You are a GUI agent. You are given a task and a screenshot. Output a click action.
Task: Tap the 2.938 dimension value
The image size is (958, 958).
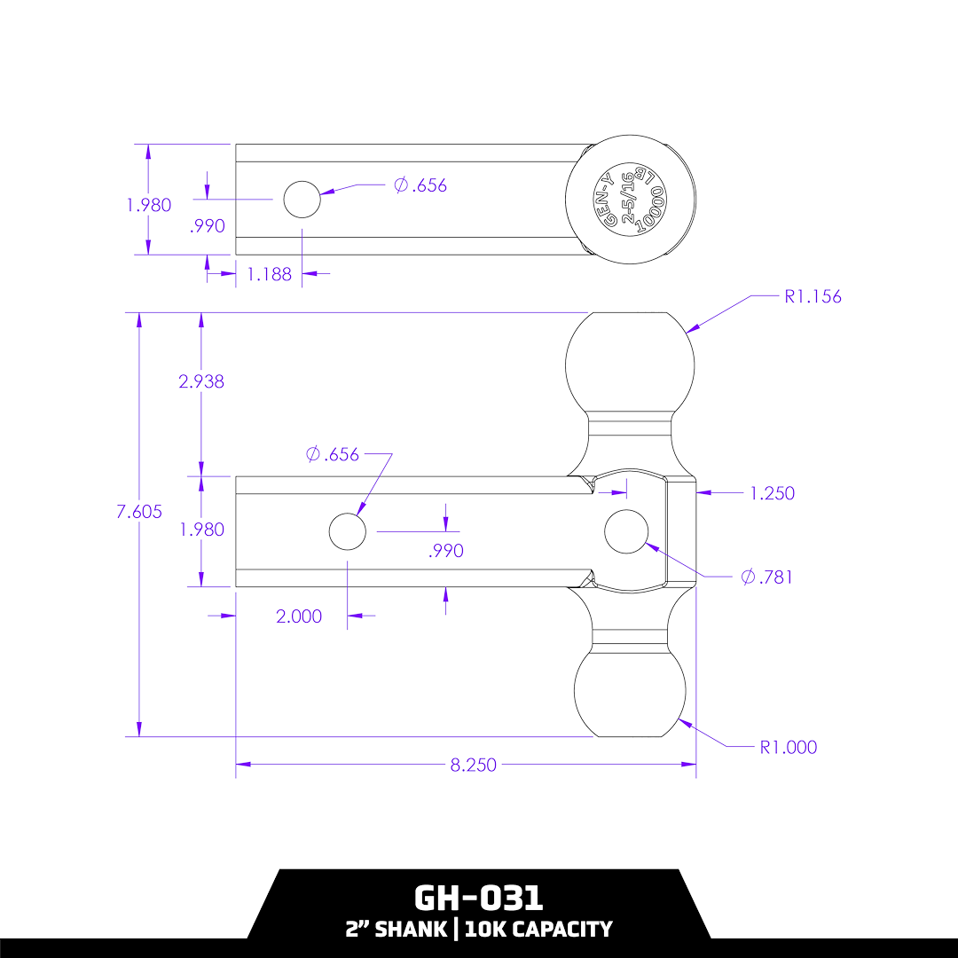coord(201,382)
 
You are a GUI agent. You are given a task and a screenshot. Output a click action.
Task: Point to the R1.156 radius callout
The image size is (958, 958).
coord(813,296)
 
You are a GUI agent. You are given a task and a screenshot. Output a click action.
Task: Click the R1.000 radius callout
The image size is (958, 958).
coord(789,747)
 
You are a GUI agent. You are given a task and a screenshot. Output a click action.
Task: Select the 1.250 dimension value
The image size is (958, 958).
coord(772,493)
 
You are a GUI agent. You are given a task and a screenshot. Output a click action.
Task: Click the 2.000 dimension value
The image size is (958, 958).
coord(299,616)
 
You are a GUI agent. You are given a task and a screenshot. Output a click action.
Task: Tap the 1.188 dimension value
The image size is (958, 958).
coord(269,274)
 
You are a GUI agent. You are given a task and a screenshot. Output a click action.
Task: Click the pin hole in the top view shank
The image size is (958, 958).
coord(302,200)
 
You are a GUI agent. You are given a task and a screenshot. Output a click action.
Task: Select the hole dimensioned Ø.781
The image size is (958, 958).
coord(626,531)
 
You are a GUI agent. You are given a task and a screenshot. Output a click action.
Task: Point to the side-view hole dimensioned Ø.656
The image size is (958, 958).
coord(347,531)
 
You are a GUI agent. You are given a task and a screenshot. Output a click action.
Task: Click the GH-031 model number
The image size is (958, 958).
coord(479,898)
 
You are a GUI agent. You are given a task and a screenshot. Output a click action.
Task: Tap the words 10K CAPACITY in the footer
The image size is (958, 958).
coord(538,929)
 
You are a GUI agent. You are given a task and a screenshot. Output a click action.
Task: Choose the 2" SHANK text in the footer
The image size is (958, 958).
coord(397,929)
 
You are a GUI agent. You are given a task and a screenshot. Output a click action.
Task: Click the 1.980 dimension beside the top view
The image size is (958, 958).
coord(148,205)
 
